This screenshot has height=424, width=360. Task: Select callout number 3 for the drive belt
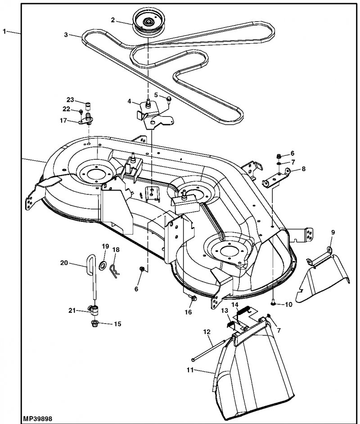click(66, 34)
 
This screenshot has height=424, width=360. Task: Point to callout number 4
click(129, 102)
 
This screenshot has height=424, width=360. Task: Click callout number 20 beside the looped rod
click(64, 264)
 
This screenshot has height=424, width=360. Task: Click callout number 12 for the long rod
click(207, 332)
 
